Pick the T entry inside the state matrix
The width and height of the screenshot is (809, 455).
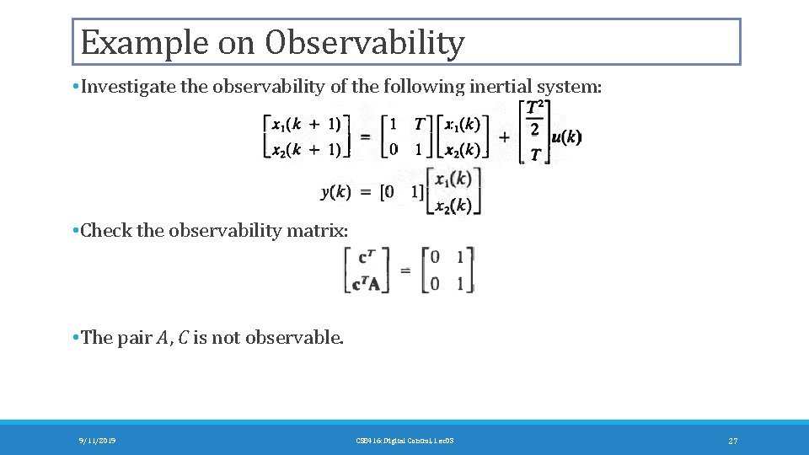click(419, 124)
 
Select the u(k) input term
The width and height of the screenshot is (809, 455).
click(566, 136)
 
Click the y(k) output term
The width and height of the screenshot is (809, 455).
click(336, 191)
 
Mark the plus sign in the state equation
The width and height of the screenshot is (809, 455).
click(504, 136)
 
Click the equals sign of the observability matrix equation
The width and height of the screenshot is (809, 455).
click(405, 270)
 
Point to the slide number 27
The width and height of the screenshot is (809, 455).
click(732, 441)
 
